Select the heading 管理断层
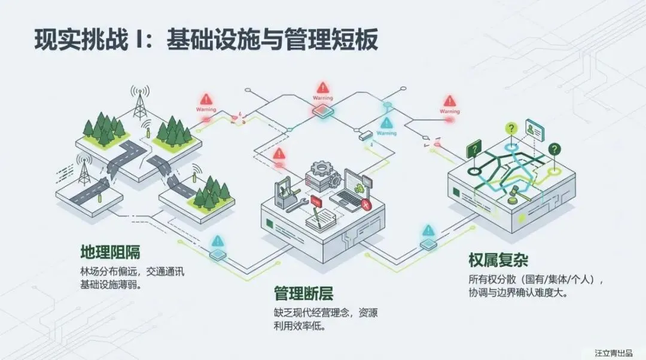303,294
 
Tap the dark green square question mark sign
474,147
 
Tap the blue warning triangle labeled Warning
386,123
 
